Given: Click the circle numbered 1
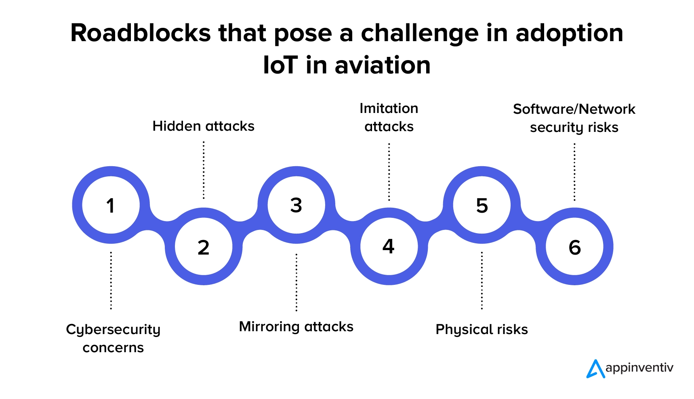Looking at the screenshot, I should [x=111, y=205].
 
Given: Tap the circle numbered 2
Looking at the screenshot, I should [x=204, y=247].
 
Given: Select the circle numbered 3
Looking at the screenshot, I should [x=296, y=205].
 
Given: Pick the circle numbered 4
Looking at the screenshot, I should [x=389, y=247].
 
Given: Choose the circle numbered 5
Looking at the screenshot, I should [x=482, y=205].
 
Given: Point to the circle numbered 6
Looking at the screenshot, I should [x=574, y=247].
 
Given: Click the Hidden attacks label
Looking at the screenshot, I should [x=203, y=126].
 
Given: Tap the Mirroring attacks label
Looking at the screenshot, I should [x=296, y=326].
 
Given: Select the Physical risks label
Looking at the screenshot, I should [x=482, y=330].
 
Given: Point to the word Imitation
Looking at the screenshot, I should [x=389, y=109].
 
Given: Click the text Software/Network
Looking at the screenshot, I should [x=574, y=109].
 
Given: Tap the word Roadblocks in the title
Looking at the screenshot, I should [x=140, y=33].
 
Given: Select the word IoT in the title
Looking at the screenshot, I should [x=280, y=65].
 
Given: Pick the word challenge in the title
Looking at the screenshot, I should [x=420, y=34].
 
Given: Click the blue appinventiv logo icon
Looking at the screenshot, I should [x=595, y=369].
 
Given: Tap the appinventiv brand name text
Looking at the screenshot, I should [x=639, y=368].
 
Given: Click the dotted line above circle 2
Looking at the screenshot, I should [x=204, y=170].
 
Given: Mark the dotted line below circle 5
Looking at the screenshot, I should [x=482, y=281].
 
